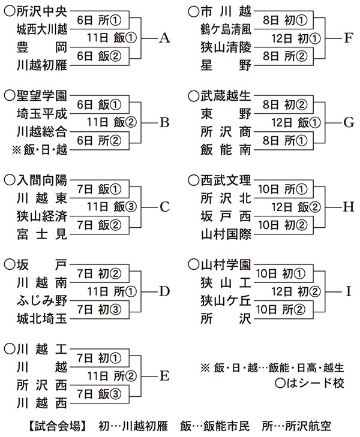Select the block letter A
[166, 38]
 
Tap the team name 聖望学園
[42, 95]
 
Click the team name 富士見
[42, 234]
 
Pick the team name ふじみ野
[42, 300]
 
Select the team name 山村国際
[226, 234]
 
